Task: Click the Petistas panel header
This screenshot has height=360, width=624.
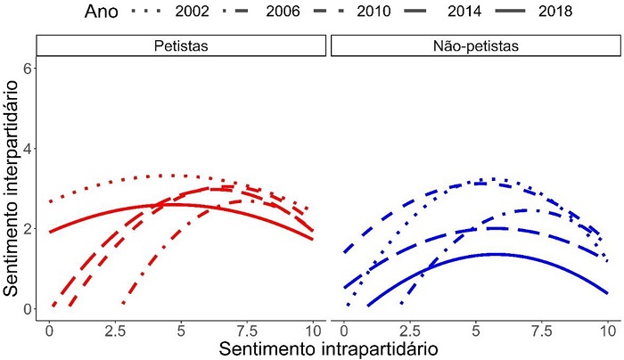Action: click(x=182, y=45)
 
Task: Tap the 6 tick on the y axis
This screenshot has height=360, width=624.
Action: click(x=29, y=68)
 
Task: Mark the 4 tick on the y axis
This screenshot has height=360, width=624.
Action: click(x=29, y=148)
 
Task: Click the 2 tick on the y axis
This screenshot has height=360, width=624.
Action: click(x=29, y=229)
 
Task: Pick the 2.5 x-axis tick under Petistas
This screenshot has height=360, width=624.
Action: click(x=115, y=327)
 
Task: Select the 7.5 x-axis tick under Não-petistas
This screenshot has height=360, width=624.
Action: click(x=541, y=327)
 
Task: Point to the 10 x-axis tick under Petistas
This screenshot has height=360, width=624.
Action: click(x=313, y=327)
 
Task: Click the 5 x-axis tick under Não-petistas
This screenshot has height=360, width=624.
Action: click(x=475, y=327)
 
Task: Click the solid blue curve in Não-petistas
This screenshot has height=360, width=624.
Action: click(x=495, y=254)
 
